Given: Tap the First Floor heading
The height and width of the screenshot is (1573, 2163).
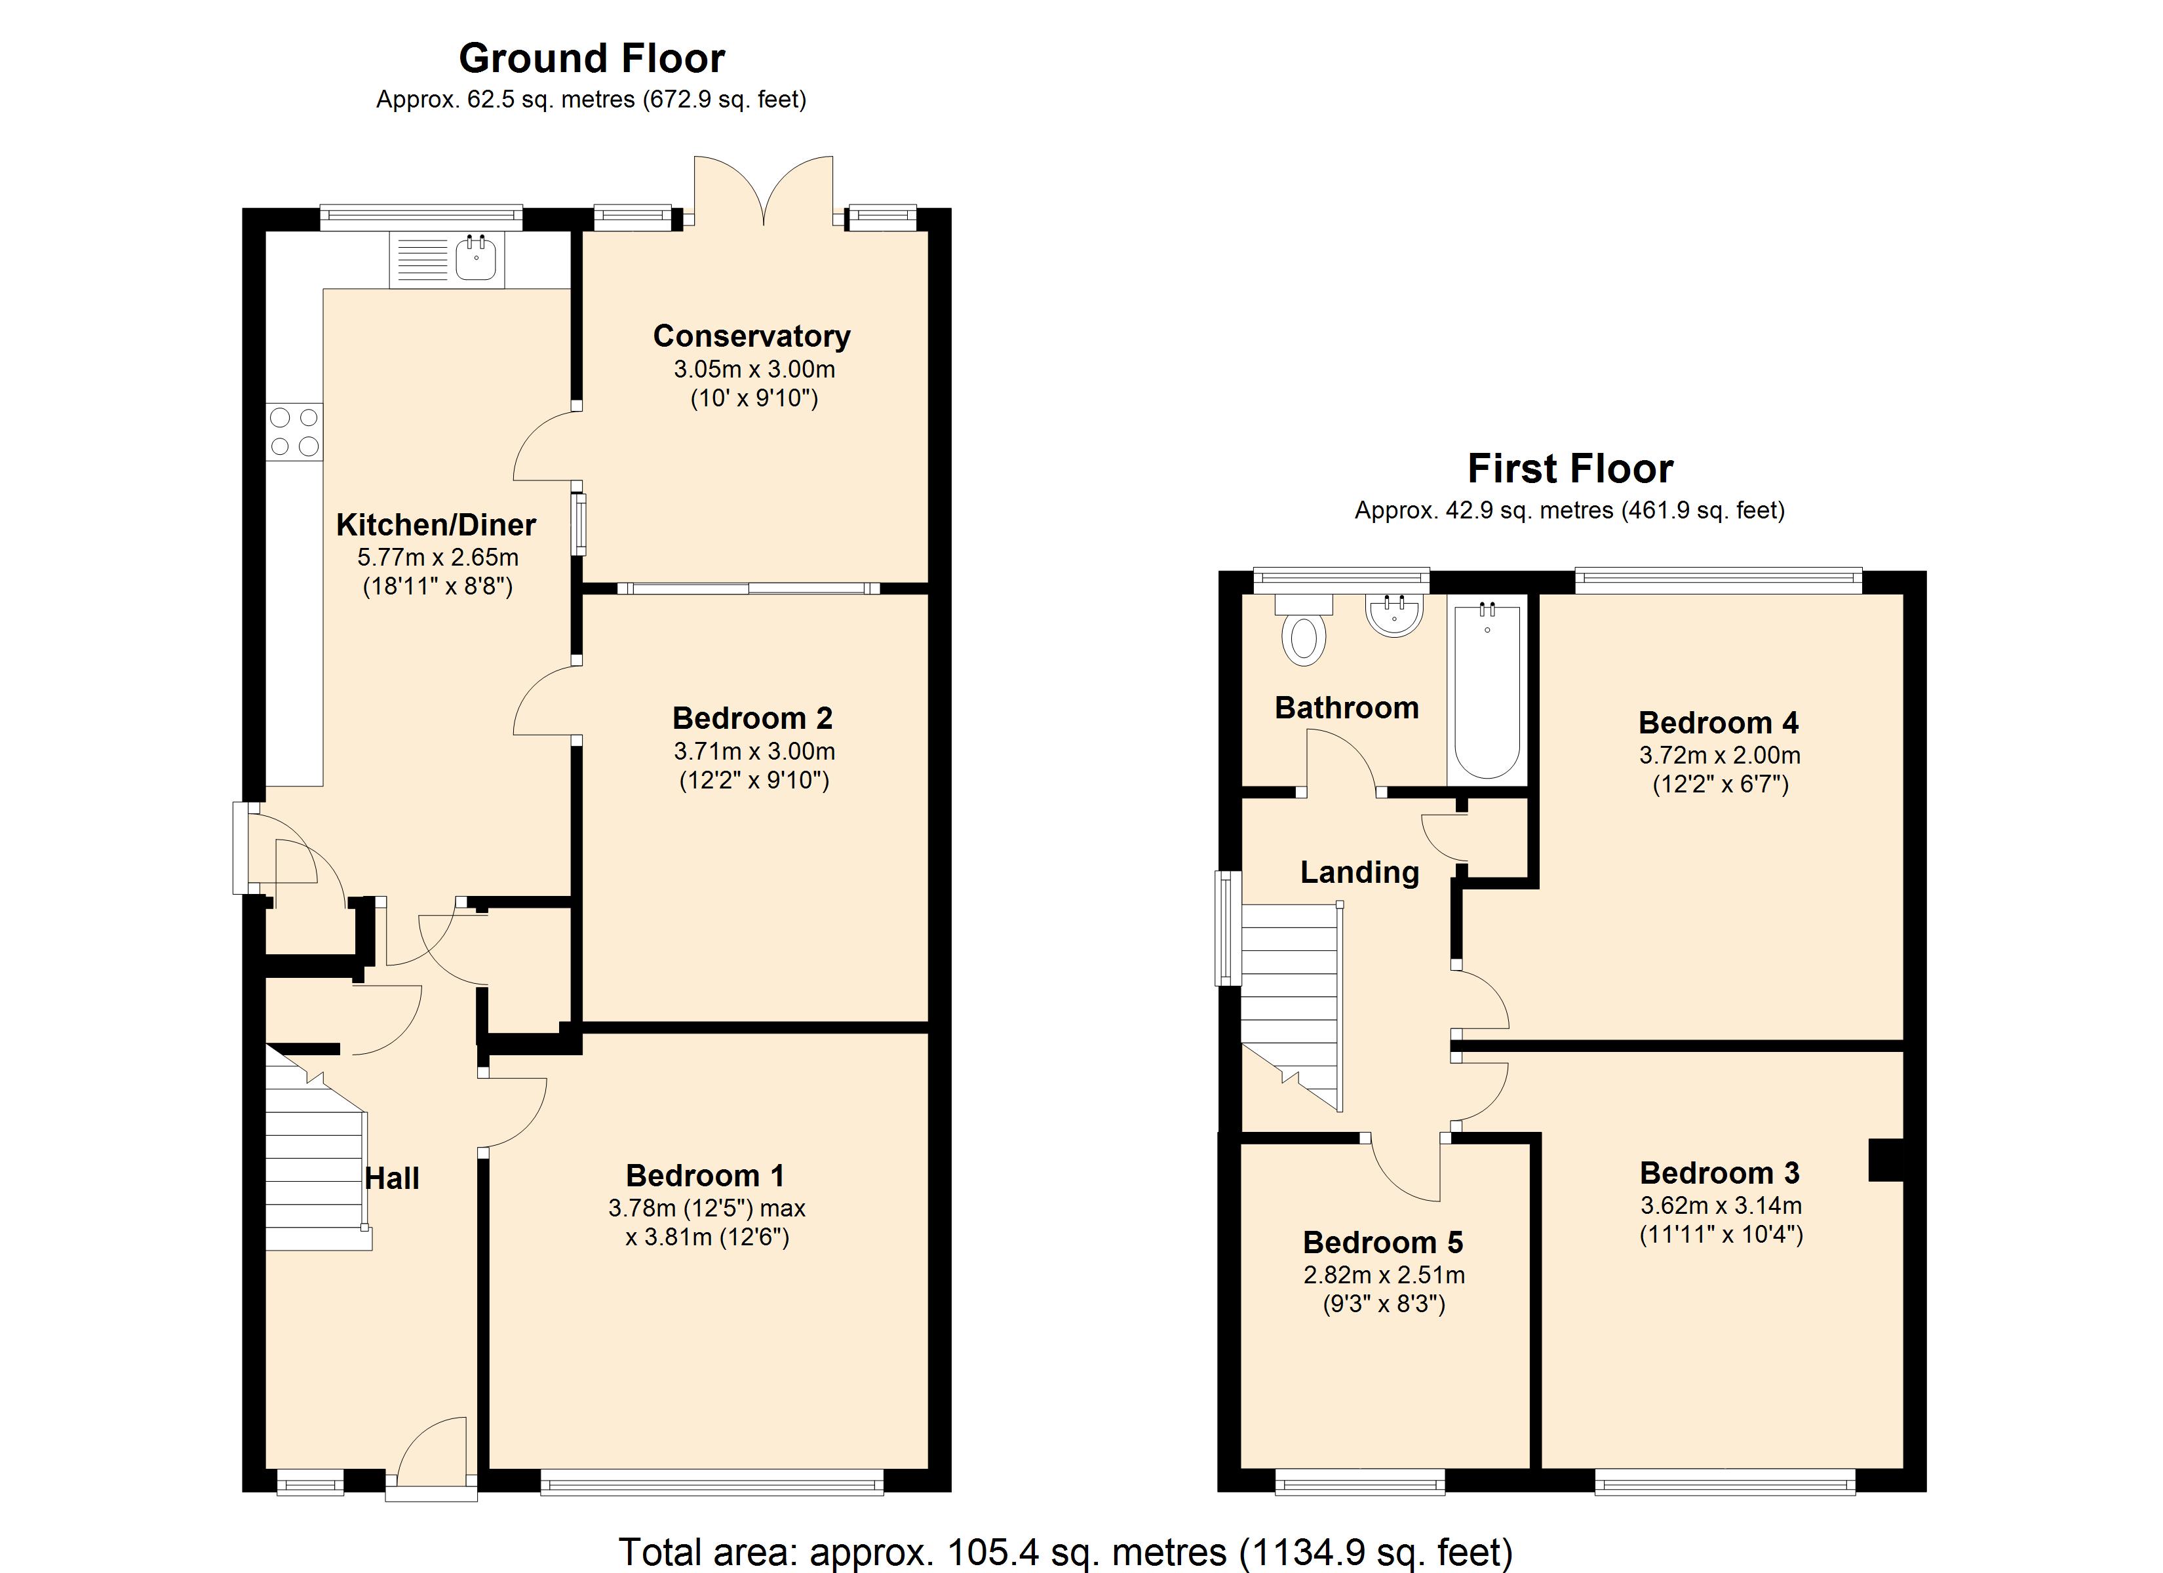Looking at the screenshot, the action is [1570, 469].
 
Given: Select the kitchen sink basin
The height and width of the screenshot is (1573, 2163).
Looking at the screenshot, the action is [476, 258].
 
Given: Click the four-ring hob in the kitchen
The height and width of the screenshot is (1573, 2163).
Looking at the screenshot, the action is [295, 432].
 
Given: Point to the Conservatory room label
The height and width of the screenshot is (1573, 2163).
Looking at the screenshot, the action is [752, 336].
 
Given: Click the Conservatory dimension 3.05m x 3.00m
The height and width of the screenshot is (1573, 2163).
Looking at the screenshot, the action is [754, 369].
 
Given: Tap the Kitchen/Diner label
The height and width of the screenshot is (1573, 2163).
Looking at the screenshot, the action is [436, 524].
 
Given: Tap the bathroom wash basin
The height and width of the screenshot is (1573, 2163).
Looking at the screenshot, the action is [1394, 614].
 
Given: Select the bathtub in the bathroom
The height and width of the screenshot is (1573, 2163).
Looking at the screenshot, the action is [1486, 689].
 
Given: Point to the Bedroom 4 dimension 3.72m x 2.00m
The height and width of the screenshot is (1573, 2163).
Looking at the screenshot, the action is [1719, 756].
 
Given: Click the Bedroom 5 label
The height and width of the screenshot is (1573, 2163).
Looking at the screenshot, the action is [1383, 1242].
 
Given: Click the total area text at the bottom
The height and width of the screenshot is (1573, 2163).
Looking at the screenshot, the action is [1065, 1552].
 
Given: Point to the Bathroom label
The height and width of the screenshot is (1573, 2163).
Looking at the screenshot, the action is [1346, 708].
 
